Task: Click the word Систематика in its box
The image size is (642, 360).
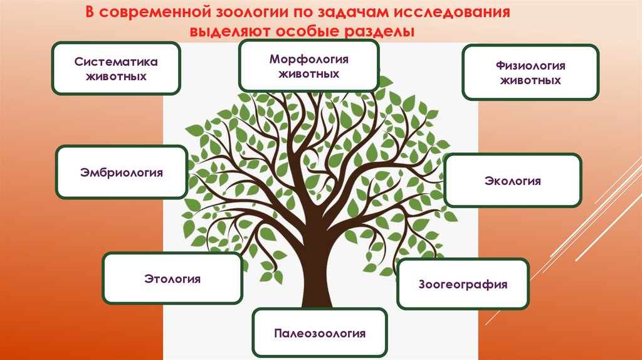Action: click(x=116, y=62)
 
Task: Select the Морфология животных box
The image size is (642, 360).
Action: click(x=308, y=66)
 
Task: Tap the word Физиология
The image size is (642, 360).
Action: click(x=530, y=66)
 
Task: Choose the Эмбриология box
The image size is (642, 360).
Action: click(x=122, y=172)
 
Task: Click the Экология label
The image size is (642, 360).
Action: click(x=512, y=181)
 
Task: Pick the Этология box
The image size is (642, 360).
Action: click(x=172, y=278)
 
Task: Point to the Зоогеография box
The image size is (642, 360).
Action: click(x=463, y=284)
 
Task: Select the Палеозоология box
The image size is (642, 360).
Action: click(x=319, y=333)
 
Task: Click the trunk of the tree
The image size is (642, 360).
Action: click(x=320, y=251)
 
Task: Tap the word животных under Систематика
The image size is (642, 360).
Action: click(x=116, y=77)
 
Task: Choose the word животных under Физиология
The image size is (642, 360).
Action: click(x=530, y=80)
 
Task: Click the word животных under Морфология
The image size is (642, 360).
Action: click(x=308, y=74)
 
